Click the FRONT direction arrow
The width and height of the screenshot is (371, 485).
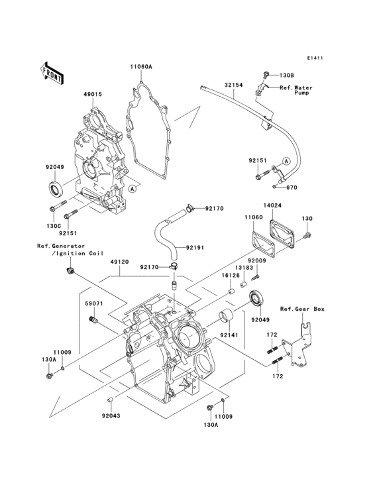pyautogui.click(x=52, y=72)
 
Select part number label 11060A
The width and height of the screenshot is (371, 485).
pyautogui.click(x=141, y=68)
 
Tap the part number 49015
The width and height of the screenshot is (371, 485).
pyautogui.click(x=92, y=95)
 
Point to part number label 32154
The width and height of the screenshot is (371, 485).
pyautogui.click(x=233, y=85)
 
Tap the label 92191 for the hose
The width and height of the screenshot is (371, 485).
pyautogui.click(x=195, y=248)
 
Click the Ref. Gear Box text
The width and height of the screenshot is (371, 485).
pyautogui.click(x=302, y=309)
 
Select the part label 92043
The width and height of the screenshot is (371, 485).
pyautogui.click(x=111, y=417)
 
